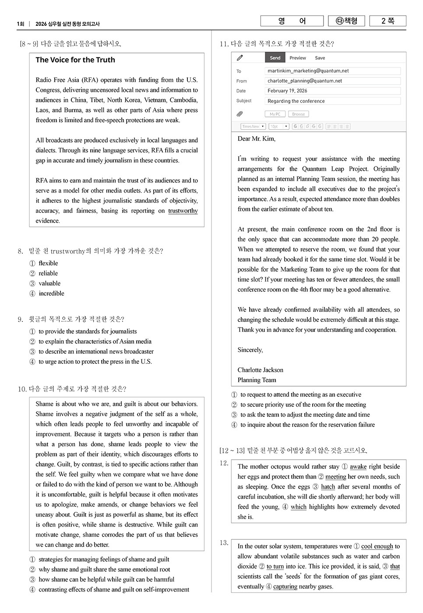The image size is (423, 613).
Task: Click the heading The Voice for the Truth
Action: click(x=75, y=60)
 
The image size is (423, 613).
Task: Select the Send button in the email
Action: click(x=275, y=58)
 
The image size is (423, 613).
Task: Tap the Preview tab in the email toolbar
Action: click(x=297, y=58)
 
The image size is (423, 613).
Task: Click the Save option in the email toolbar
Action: click(x=320, y=58)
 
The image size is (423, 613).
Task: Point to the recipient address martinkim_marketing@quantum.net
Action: click(x=308, y=71)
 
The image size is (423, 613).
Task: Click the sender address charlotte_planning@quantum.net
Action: click(x=305, y=81)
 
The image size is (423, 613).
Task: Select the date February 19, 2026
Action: click(x=287, y=91)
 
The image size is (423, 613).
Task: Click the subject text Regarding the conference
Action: click(x=296, y=101)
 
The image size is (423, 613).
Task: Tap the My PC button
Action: click(x=275, y=114)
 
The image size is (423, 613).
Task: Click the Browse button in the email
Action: click(x=298, y=114)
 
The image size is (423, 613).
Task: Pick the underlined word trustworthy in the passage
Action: click(x=183, y=211)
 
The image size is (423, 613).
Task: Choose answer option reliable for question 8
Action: click(x=48, y=273)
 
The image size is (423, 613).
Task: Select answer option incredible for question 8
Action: click(x=51, y=293)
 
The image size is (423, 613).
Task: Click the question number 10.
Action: click(x=22, y=389)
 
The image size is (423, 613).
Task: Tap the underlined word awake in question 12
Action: click(x=358, y=467)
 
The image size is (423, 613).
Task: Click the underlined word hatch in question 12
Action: click(x=328, y=487)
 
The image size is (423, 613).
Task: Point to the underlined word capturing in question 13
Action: click(x=285, y=587)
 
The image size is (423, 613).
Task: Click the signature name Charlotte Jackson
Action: click(x=260, y=370)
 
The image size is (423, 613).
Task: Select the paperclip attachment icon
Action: click(x=240, y=114)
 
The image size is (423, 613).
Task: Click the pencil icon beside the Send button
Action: click(x=240, y=58)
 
